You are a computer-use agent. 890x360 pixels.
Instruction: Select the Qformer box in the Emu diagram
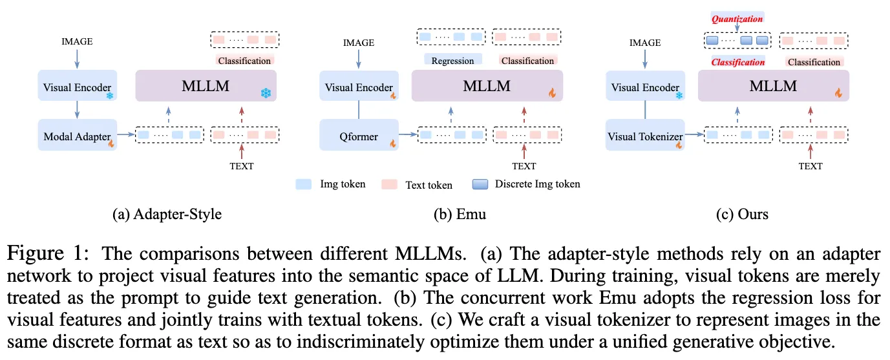coord(359,137)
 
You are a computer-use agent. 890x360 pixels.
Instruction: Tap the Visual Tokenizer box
coord(645,137)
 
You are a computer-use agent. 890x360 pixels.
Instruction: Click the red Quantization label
coord(737,19)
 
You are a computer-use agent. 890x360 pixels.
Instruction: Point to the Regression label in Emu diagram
coord(452,61)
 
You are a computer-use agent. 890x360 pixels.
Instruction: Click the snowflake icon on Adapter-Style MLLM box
coord(265,93)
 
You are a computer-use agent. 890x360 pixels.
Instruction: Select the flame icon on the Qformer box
coord(392,143)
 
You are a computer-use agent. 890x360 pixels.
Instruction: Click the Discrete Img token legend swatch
coord(481,184)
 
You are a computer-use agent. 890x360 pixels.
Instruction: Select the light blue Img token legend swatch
coord(304,184)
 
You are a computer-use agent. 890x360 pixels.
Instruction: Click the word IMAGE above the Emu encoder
coord(359,43)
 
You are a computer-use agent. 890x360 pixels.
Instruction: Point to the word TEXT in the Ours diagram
coord(811,166)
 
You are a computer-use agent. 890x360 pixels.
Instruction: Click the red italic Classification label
coord(737,62)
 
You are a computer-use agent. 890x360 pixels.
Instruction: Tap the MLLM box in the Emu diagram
coord(487,86)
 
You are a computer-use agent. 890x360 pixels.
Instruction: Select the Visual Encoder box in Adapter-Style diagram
coord(77,87)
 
